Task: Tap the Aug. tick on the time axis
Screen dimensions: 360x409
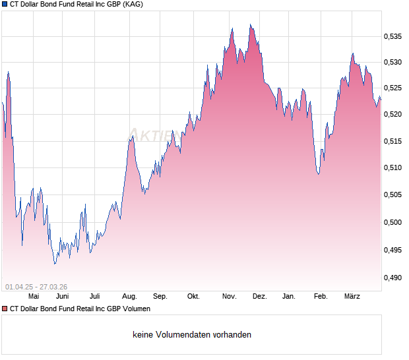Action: coord(129,297)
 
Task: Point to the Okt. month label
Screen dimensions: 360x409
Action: coord(193,297)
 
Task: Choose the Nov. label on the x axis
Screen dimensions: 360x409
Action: coord(229,297)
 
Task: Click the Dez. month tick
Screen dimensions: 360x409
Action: coord(259,297)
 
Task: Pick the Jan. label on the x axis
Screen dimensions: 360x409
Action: coord(289,297)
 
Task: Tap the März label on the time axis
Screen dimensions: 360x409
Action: coord(352,297)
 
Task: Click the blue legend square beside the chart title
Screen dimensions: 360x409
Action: coord(5,4)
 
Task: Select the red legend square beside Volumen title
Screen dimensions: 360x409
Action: coord(5,309)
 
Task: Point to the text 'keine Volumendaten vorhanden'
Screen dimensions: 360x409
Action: coord(192,335)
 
